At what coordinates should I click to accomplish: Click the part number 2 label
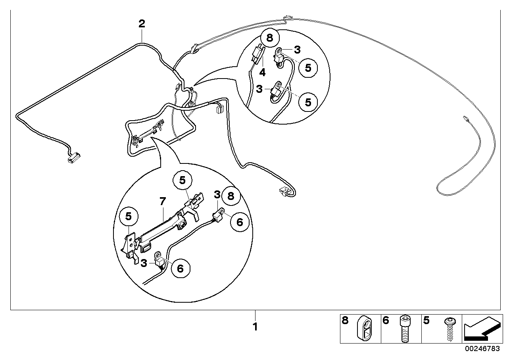tap(142, 24)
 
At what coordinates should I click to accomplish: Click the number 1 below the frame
tap(255, 327)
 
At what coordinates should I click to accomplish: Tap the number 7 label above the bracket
tap(163, 201)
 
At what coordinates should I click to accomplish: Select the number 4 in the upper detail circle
tap(262, 73)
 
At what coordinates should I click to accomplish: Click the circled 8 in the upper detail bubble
tap(270, 38)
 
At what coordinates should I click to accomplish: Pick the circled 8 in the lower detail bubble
tap(231, 196)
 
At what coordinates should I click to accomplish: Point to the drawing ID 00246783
tap(482, 348)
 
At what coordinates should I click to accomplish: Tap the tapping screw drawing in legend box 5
tap(450, 330)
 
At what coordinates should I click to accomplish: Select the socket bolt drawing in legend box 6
tap(404, 329)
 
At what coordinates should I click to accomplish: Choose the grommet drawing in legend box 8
tap(364, 328)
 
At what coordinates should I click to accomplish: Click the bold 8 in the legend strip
tap(345, 321)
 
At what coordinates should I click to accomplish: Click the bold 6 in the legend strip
tap(386, 321)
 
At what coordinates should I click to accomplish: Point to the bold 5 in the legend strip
tap(426, 321)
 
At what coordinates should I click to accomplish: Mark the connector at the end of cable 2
tap(73, 158)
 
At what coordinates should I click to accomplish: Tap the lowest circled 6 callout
tap(181, 269)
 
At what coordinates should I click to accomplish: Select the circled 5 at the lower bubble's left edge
tap(129, 216)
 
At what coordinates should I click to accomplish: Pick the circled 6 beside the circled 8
tap(240, 222)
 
